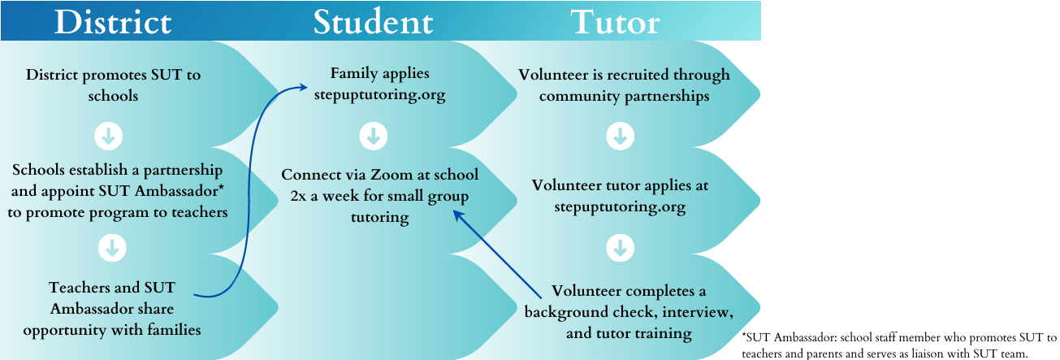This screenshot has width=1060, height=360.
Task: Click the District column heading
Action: [113, 22]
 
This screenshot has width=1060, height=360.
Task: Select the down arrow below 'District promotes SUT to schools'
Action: [108, 136]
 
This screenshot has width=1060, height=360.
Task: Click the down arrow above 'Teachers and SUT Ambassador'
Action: [108, 247]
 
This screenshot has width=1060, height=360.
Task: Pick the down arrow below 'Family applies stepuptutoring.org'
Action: [373, 136]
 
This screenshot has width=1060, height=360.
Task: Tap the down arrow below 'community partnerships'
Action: [620, 136]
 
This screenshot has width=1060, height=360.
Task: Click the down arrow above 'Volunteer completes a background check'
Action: [620, 247]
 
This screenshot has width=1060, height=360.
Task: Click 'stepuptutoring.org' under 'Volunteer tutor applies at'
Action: [620, 206]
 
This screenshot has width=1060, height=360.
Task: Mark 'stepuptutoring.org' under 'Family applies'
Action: [373, 96]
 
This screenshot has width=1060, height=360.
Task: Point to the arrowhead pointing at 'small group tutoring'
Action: [457, 214]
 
